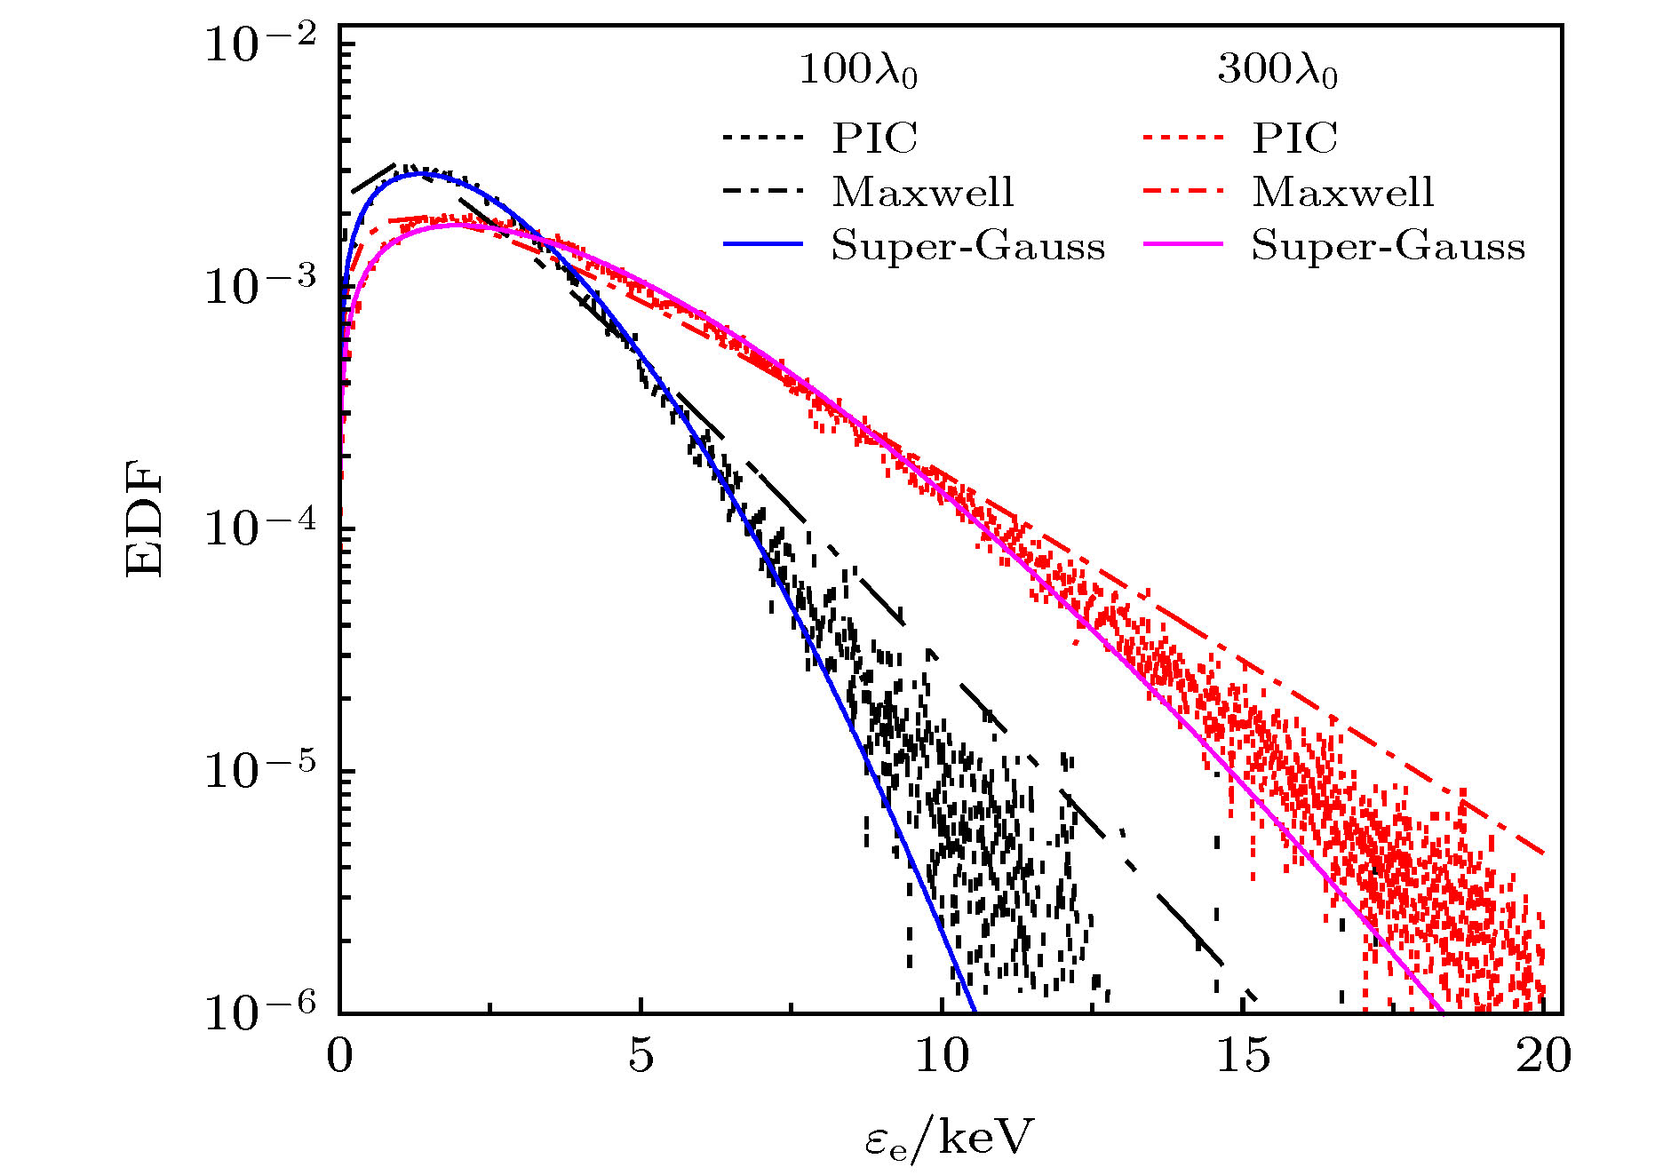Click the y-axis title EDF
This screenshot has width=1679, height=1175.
coord(145,519)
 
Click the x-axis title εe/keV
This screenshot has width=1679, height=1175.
coord(949,1138)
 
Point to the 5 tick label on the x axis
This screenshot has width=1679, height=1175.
coord(641,1057)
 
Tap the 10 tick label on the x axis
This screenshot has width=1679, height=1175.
coord(942,1057)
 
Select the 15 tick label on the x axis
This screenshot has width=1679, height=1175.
coord(1242,1057)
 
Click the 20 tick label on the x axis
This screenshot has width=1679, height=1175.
coord(1543,1057)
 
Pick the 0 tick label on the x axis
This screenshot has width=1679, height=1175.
coord(339,1057)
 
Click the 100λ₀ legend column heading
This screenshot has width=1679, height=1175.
coord(858,69)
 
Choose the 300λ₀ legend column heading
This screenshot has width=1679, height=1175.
coord(1277,69)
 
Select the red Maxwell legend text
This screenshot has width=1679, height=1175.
coord(1343,192)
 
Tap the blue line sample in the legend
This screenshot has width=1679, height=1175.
coord(762,244)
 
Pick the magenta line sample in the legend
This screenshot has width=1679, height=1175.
coord(1182,244)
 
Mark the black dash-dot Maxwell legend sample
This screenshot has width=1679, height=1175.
coord(762,191)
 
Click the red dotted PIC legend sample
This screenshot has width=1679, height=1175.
coord(1182,138)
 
